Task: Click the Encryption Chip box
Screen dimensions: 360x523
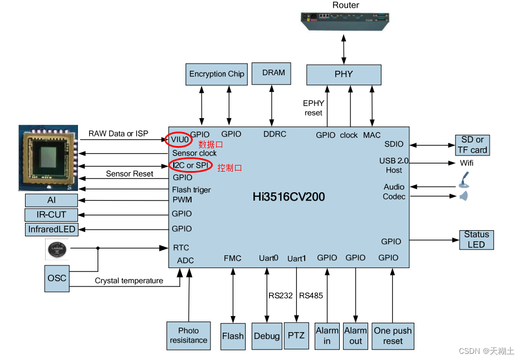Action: tap(217, 74)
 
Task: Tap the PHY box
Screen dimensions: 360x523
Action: tap(344, 74)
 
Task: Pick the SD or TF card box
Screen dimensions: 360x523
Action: tap(472, 145)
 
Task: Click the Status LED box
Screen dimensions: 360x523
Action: tap(476, 240)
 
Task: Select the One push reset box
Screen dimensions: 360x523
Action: tap(393, 335)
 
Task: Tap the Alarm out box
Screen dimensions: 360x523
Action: tap(355, 335)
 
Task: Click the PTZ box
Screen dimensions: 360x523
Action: tap(296, 335)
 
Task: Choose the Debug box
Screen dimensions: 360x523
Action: tap(267, 335)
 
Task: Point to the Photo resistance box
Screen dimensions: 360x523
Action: tap(189, 335)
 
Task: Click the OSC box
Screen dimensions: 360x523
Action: tap(57, 278)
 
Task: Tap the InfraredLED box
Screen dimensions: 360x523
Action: tap(51, 229)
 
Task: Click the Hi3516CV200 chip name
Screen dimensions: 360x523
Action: tap(289, 197)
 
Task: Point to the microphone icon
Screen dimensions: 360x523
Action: tap(464, 179)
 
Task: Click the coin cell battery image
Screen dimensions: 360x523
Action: tap(57, 250)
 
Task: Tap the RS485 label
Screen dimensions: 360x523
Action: tap(311, 295)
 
